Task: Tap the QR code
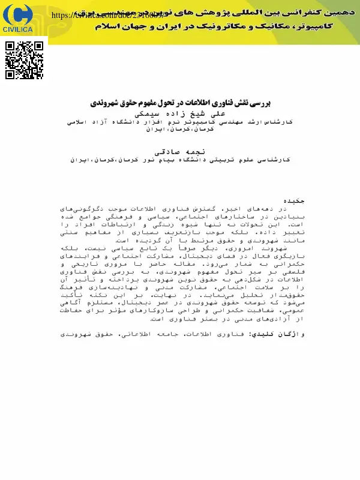tap(25, 60)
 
